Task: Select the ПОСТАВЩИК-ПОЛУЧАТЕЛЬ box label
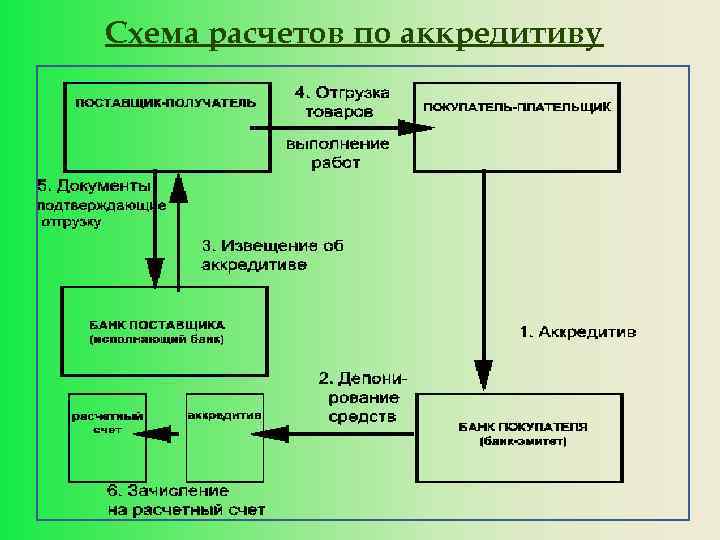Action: pos(166,102)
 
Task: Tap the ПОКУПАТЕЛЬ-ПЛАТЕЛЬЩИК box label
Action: pos(517,106)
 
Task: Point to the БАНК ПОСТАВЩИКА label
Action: pos(158,325)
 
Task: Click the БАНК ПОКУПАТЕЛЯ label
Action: pos(523,426)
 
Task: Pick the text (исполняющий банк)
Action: pos(158,340)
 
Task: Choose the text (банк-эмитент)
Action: pos(522,441)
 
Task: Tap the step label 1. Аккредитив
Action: pos(577,331)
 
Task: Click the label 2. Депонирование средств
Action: pos(362,397)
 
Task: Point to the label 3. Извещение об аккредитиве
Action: pos(273,255)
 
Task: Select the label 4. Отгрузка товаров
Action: pos(341,102)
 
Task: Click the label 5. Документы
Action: pos(93,186)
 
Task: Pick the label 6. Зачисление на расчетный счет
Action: pos(186,500)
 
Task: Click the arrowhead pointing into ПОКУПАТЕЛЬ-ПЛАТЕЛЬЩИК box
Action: pos(416,127)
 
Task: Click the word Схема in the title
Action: pos(154,36)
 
